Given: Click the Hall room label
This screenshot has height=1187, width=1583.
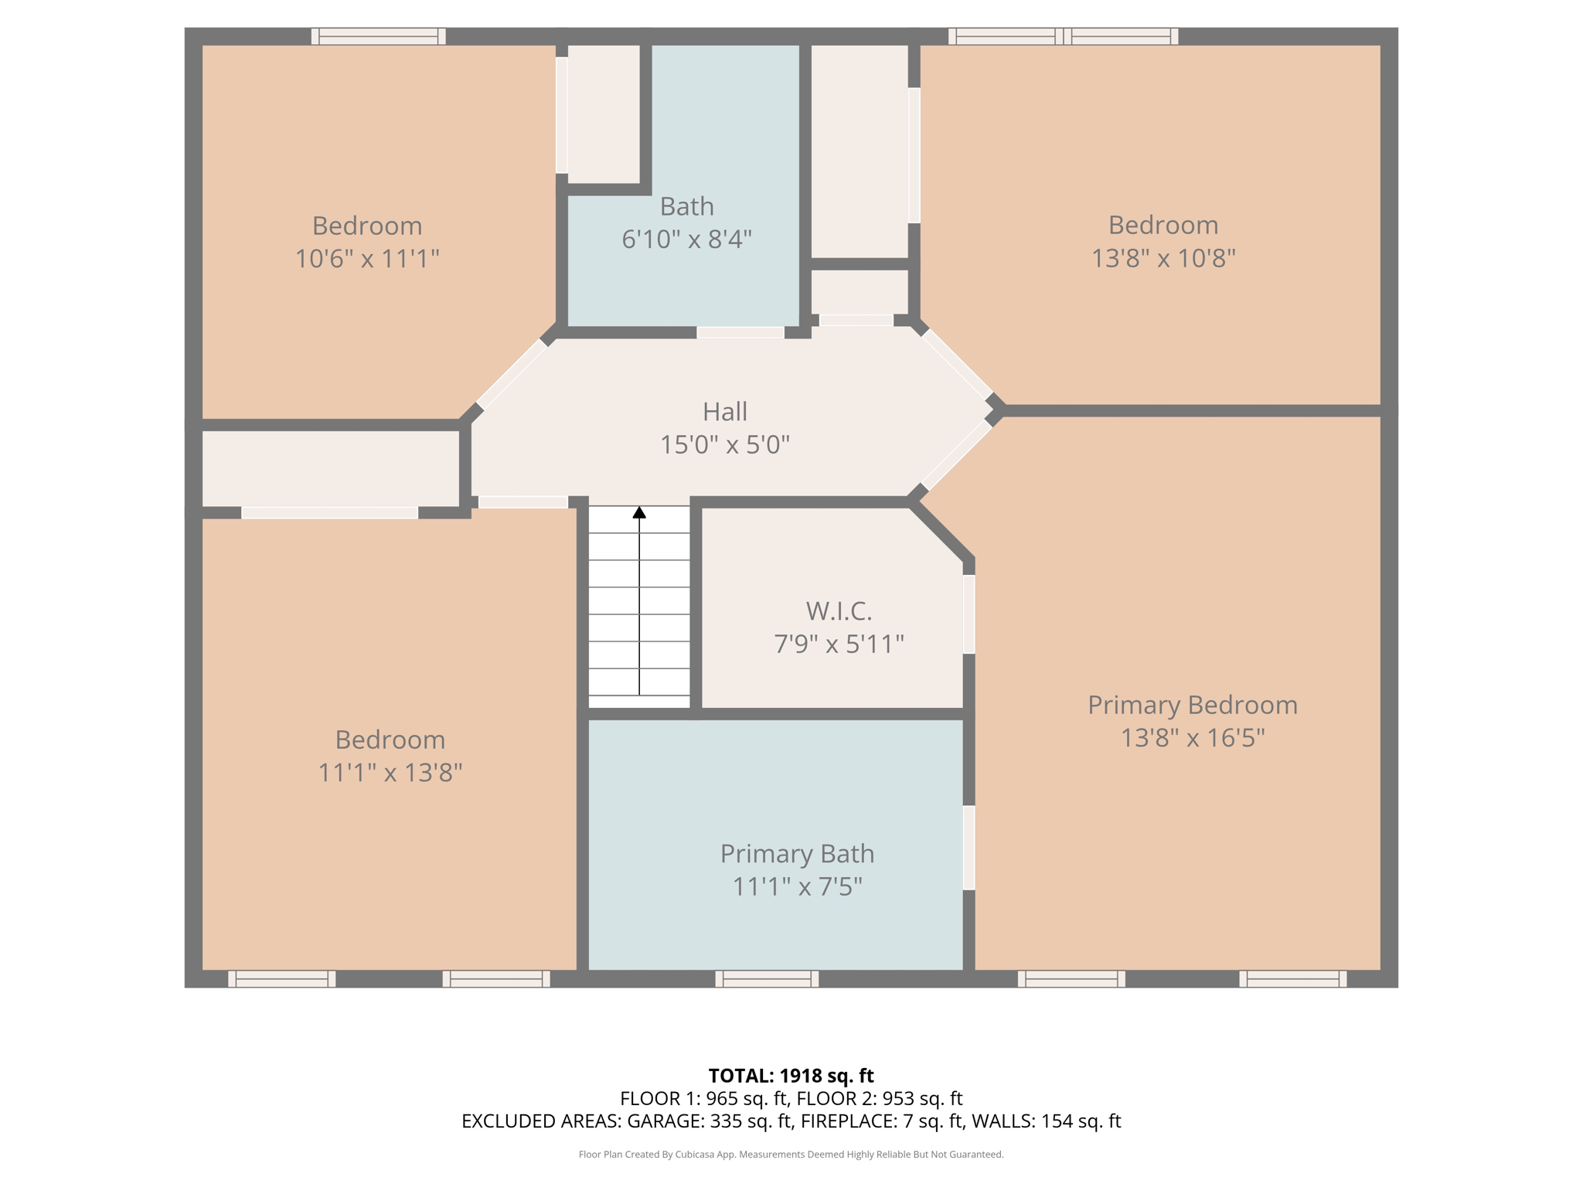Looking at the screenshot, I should (x=724, y=412).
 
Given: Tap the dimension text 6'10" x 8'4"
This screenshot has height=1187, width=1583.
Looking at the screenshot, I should (x=686, y=240).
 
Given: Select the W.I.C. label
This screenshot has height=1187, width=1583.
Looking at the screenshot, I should (x=839, y=611).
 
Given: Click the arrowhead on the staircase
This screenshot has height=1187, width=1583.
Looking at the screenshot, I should (x=639, y=512).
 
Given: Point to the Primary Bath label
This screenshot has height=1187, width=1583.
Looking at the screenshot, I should (x=797, y=854).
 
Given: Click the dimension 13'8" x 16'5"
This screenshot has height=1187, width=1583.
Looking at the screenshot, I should (x=1192, y=738).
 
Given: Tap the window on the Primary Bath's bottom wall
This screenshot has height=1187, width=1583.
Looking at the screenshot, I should (x=767, y=979).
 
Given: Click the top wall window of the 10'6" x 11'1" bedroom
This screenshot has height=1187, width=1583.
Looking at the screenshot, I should (x=378, y=36).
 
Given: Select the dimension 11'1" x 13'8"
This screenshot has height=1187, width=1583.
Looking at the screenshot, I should (x=390, y=773).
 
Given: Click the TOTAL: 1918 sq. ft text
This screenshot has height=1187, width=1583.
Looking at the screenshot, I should (x=791, y=1076).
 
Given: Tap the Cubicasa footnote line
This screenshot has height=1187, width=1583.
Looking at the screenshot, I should (x=791, y=1155).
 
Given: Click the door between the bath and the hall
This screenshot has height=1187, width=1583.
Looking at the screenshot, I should (x=740, y=332).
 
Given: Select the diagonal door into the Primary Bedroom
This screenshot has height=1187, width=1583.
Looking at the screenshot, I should (x=957, y=455).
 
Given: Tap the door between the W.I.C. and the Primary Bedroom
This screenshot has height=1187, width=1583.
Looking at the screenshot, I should (x=969, y=614).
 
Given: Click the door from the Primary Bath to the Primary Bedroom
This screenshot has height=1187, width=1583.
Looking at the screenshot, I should (x=969, y=848).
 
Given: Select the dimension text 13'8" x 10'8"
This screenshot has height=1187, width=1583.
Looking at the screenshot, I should (x=1163, y=258).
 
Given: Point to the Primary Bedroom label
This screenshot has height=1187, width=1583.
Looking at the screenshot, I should (x=1192, y=706).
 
